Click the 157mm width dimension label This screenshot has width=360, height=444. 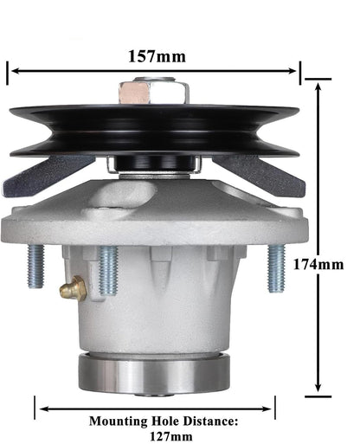pyautogui.click(x=156, y=56)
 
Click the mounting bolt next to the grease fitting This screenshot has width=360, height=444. pyautogui.click(x=108, y=270)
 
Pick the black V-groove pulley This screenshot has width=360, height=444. pyautogui.click(x=154, y=130)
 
